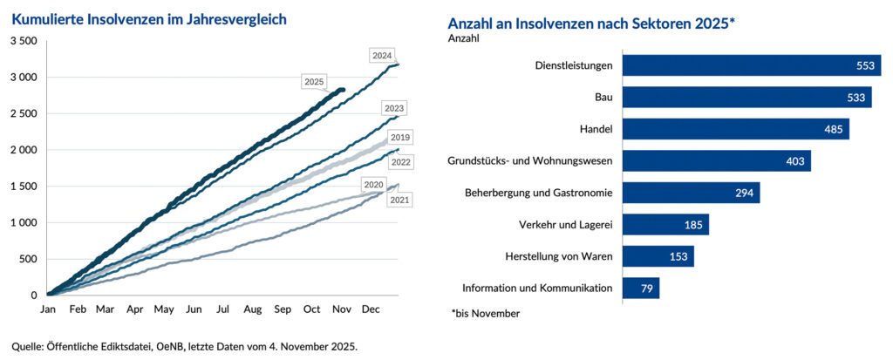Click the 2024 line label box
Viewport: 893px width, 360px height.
(x=381, y=56)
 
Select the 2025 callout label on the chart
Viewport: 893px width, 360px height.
(x=314, y=82)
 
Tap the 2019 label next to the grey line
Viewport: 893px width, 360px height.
(x=400, y=138)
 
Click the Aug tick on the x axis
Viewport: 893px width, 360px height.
(x=253, y=309)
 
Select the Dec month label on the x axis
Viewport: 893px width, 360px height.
(x=371, y=309)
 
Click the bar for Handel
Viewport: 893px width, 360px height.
(x=735, y=129)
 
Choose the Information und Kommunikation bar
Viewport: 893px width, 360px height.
(x=641, y=288)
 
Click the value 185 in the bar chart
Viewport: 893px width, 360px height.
(x=692, y=225)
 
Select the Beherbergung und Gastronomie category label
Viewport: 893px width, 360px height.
(x=537, y=193)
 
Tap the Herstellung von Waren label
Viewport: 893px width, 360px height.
(x=558, y=256)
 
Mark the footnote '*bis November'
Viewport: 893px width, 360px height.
(x=486, y=313)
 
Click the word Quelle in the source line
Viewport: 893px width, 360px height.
(x=28, y=346)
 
